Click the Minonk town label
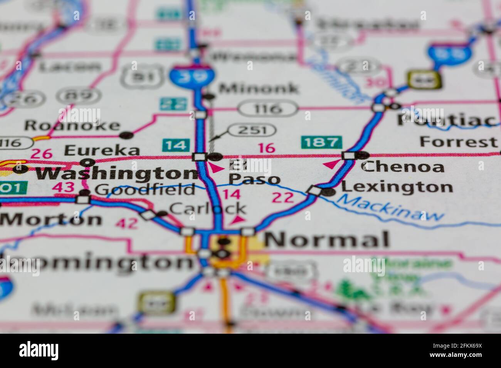click(258, 89)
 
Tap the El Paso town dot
click(215, 157)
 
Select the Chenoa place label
click(403, 167)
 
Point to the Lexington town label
click(397, 187)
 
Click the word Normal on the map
click(327, 240)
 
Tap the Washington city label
click(116, 174)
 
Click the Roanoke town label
click(72, 125)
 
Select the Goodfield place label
click(145, 189)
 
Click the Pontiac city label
click(447, 120)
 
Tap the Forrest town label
click(458, 142)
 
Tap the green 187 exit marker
click(321, 142)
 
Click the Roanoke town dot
click(126, 135)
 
